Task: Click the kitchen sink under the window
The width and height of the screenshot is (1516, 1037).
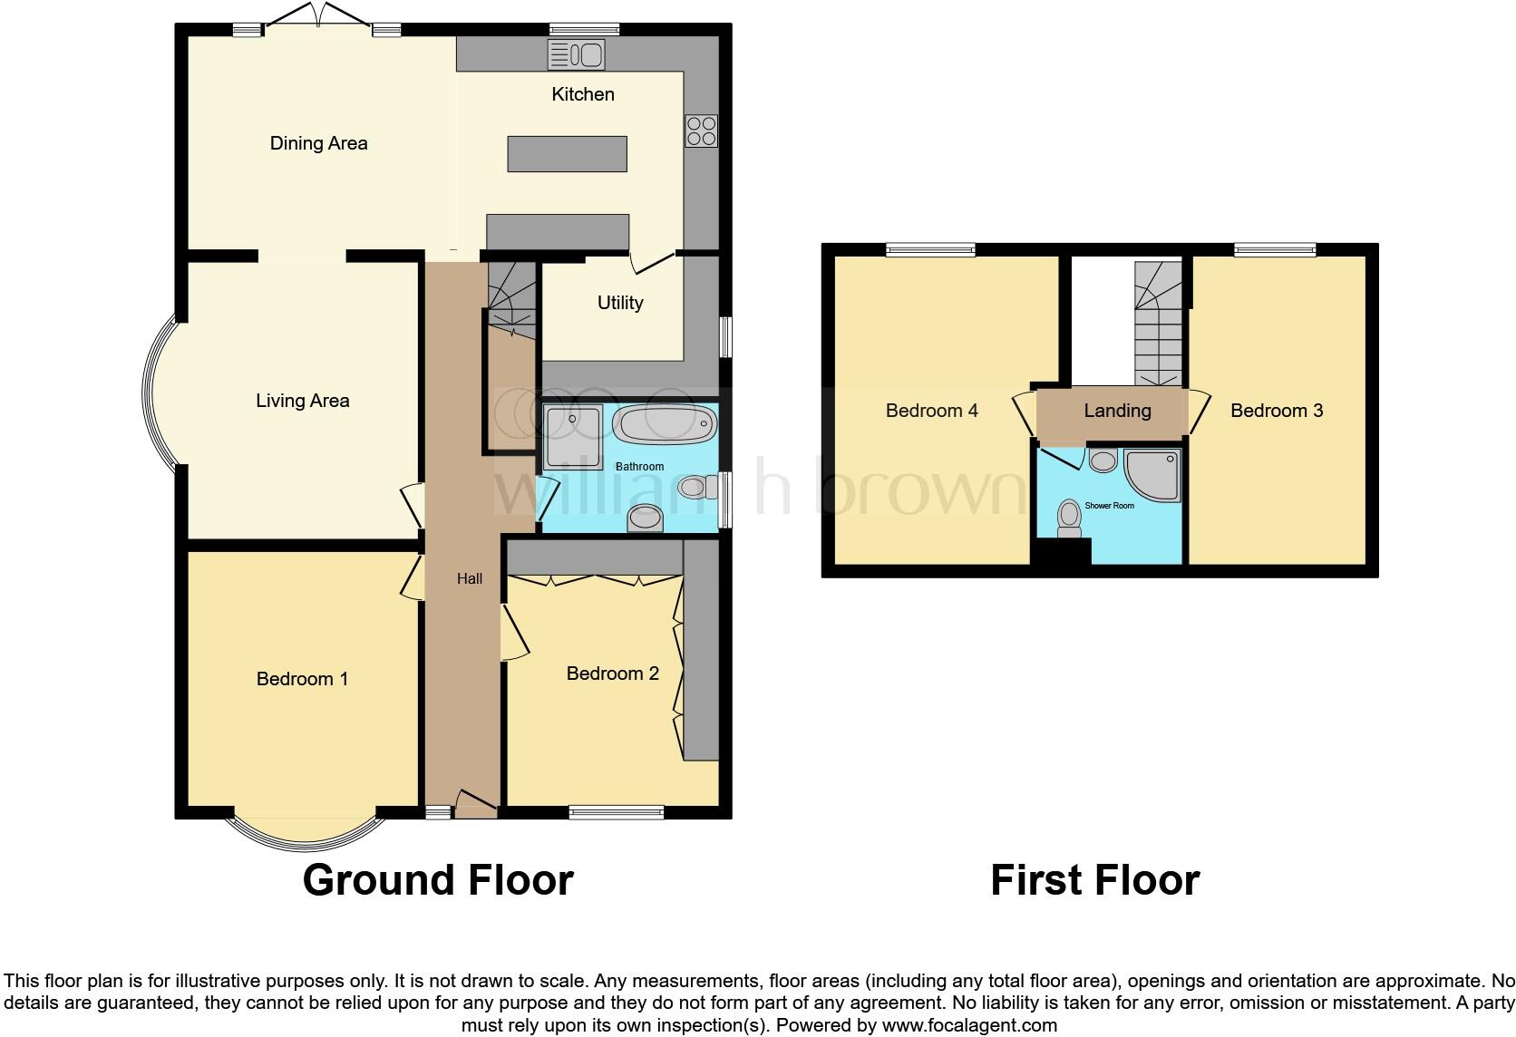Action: pyautogui.click(x=576, y=56)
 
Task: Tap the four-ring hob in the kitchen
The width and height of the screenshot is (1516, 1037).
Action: pyautogui.click(x=701, y=131)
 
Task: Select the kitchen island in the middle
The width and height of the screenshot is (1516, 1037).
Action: pyautogui.click(x=567, y=153)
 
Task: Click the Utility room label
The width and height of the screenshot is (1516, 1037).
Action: pyautogui.click(x=620, y=303)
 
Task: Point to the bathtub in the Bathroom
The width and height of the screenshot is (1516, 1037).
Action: pyautogui.click(x=665, y=424)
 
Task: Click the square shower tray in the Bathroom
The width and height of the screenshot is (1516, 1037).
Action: pyautogui.click(x=573, y=437)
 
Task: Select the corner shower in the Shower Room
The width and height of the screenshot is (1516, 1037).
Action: pyautogui.click(x=1154, y=474)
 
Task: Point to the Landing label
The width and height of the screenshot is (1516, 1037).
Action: pyautogui.click(x=1117, y=411)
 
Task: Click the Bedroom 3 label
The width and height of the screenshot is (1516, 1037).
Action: pyautogui.click(x=1277, y=411)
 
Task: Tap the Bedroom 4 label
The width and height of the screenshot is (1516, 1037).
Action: pyautogui.click(x=931, y=411)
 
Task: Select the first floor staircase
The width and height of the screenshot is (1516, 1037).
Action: pyautogui.click(x=1159, y=325)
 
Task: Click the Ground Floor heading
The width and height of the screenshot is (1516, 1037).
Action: pyautogui.click(x=438, y=880)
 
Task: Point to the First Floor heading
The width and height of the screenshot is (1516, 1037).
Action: pyautogui.click(x=1094, y=880)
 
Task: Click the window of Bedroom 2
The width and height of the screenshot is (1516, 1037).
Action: pyautogui.click(x=617, y=812)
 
